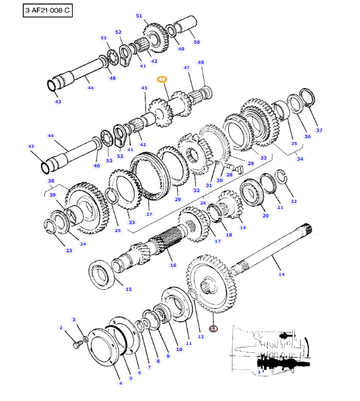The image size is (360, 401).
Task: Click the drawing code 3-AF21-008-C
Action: pos(48,11)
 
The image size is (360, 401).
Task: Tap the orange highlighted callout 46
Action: pos(162,79)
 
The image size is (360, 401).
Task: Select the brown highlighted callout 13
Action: pos(213,329)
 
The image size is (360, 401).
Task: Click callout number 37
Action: pos(320,130)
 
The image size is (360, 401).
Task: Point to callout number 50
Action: pos(197,42)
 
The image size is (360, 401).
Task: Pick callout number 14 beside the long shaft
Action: pos(281,274)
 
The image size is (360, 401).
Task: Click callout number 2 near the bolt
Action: pos(61,327)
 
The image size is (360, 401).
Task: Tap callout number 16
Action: pos(173,265)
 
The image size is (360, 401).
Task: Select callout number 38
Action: pos(51,181)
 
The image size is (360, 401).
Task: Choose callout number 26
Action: pos(203,203)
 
